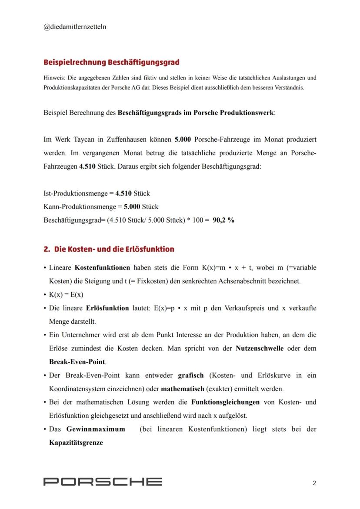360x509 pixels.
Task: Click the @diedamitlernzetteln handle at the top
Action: click(75, 27)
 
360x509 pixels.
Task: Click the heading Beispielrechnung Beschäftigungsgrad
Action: click(111, 62)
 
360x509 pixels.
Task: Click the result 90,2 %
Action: click(223, 220)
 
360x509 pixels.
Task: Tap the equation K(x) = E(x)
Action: click(66, 295)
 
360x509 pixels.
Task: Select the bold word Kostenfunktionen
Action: click(102, 267)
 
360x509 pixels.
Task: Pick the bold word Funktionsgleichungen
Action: click(225, 402)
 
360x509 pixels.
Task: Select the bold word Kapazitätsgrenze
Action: click(76, 442)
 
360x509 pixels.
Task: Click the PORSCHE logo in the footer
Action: click(103, 482)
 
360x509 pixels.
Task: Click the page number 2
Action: click(314, 482)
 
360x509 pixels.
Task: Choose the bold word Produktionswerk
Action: click(247, 113)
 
